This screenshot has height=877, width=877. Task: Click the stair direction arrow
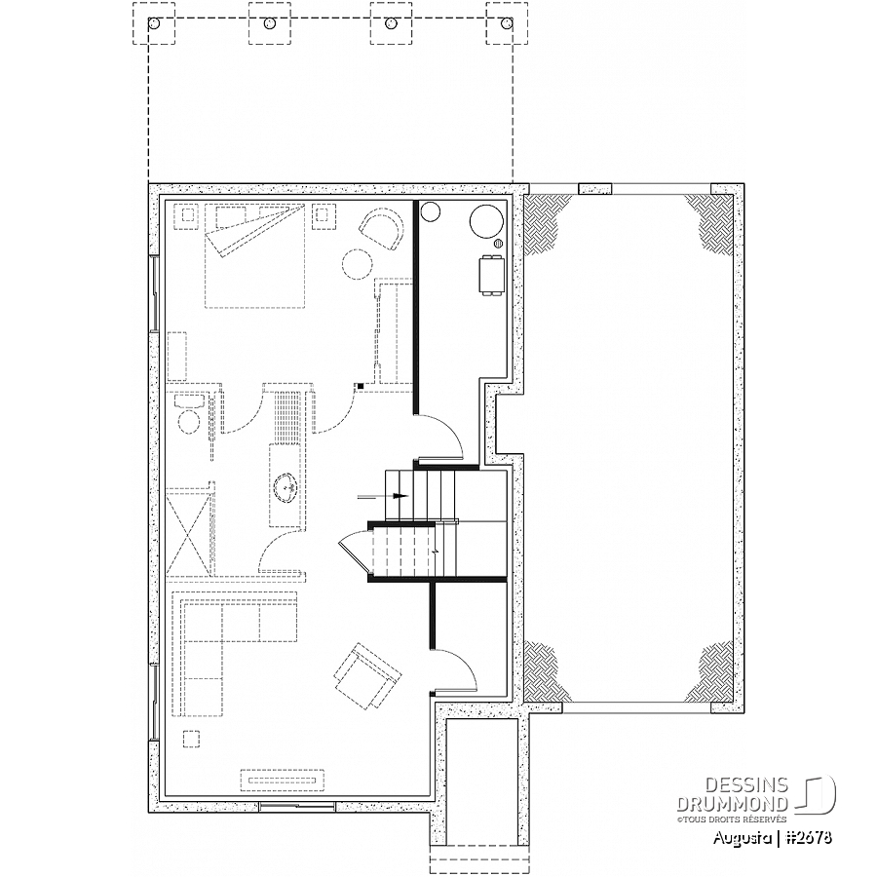point(383,496)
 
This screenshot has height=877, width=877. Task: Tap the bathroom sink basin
point(286,485)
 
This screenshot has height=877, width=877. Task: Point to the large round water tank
point(486,221)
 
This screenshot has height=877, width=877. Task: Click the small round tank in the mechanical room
point(430,211)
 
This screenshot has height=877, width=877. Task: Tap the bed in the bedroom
point(255,255)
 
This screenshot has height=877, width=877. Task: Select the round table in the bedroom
point(358,263)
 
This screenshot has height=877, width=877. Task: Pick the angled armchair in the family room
point(366,675)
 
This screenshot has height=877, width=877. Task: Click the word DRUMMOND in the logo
point(733,804)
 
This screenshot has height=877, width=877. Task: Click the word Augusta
point(744,838)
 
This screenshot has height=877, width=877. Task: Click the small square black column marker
point(361,386)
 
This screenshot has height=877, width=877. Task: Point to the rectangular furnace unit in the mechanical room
point(492,275)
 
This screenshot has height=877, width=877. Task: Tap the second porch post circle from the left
point(270,23)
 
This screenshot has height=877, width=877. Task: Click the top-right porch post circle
point(508,23)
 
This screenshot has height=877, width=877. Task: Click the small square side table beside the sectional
point(191,739)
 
